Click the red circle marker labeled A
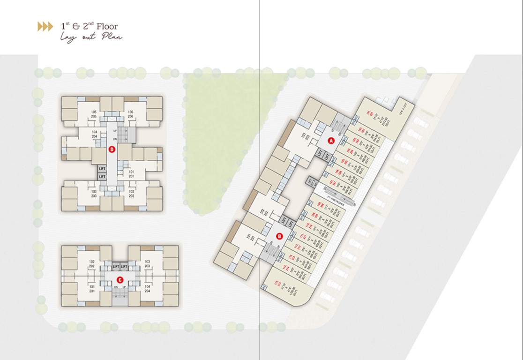pyautogui.click(x=330, y=140)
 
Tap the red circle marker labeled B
pyautogui.click(x=280, y=236)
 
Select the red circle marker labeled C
pyautogui.click(x=120, y=280)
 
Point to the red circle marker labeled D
pyautogui.click(x=112, y=150)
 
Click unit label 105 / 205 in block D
pyautogui.click(x=94, y=114)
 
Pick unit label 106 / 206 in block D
pyautogui.click(x=130, y=114)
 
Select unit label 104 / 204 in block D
pyautogui.click(x=94, y=134)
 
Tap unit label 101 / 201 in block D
pyautogui.click(x=131, y=174)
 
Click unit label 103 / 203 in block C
pyautogui.click(x=147, y=264)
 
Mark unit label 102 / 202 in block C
pyautogui.click(x=92, y=264)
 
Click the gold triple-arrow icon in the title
pyautogui.click(x=45, y=27)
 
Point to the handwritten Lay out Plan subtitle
pyautogui.click(x=90, y=37)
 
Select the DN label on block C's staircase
pyautogui.click(x=115, y=287)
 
